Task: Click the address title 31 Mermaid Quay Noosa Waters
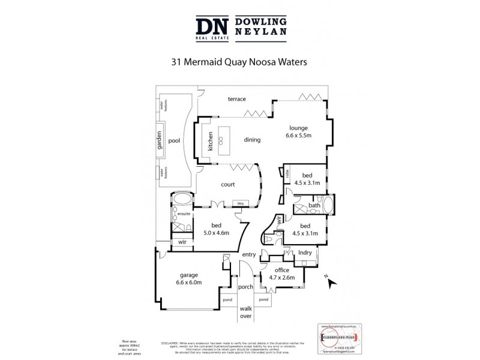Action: [x=240, y=61]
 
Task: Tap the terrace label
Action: [x=236, y=98]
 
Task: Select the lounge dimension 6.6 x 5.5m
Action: [x=298, y=136]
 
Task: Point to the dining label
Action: [x=252, y=140]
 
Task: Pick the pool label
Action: [x=175, y=140]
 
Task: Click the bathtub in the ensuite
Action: [x=182, y=199]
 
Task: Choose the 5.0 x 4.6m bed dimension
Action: [x=216, y=232]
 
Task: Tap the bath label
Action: [x=314, y=206]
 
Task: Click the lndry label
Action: [x=305, y=253]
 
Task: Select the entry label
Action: [x=248, y=255]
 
